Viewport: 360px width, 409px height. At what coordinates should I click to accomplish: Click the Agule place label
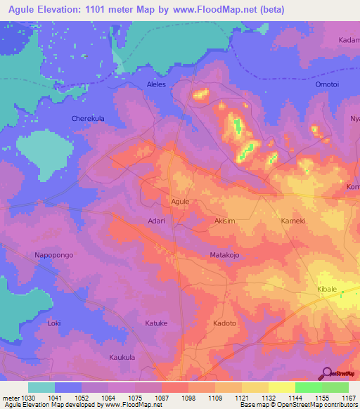tap(181, 202)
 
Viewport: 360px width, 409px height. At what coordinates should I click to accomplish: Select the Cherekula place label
tap(88, 119)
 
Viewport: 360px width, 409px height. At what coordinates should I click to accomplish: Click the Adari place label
tap(155, 221)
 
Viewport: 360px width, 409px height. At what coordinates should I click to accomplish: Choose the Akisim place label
tap(225, 221)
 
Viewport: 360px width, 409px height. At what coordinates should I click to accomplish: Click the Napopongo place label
tap(53, 255)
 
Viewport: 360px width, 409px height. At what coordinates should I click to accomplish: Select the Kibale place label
tap(328, 290)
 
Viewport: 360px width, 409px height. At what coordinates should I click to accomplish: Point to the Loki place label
tap(54, 323)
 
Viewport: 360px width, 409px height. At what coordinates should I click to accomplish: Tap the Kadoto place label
tap(224, 323)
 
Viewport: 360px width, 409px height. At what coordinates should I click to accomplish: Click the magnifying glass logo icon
tap(327, 372)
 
